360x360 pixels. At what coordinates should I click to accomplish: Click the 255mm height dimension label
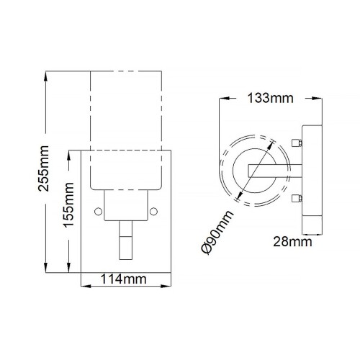45,171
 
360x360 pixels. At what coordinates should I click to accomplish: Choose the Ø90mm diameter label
217,232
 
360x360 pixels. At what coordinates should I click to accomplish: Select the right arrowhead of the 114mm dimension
175,286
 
